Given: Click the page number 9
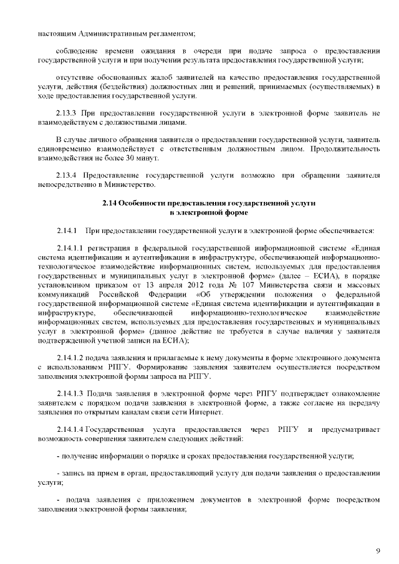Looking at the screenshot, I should (x=378, y=550).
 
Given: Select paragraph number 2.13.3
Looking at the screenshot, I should (x=66, y=113).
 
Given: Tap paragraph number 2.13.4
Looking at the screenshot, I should (x=66, y=176).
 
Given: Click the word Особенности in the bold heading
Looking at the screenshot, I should (x=144, y=203).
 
